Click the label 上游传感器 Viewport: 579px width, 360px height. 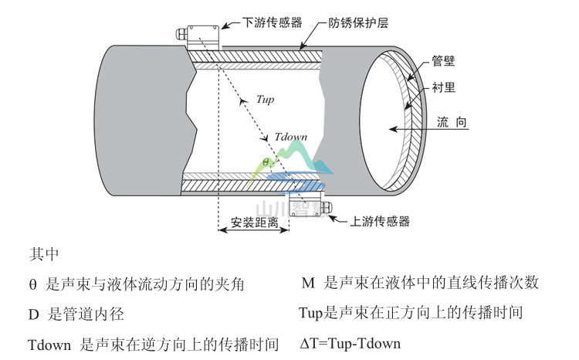(380, 221)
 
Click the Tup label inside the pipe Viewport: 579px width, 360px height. (265, 99)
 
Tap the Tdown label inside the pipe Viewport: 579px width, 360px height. (290, 137)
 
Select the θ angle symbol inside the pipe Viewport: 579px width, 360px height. (264, 162)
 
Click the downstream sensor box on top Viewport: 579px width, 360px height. (201, 36)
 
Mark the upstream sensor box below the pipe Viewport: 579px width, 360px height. (306, 204)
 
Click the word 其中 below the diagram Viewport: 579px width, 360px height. (42, 253)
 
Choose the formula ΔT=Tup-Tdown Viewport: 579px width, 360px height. (350, 343)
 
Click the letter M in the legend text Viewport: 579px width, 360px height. (308, 283)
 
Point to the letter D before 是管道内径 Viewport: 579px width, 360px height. (33, 314)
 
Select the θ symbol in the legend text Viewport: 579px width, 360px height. (32, 284)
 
